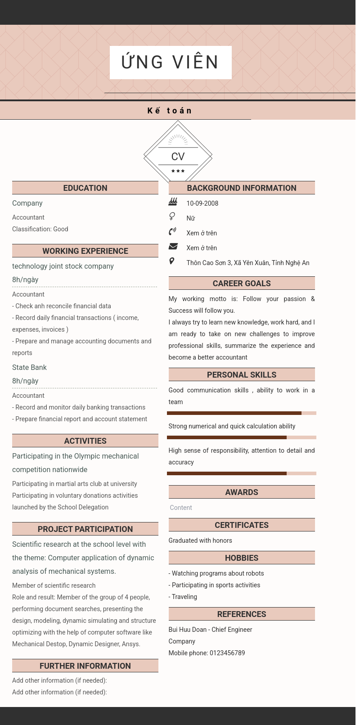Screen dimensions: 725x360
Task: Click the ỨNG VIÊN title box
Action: [171, 62]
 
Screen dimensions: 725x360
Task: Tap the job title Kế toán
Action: [170, 111]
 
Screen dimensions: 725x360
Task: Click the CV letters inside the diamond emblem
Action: [178, 157]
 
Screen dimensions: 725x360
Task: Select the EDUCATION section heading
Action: [85, 188]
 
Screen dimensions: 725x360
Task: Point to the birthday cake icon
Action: [173, 202]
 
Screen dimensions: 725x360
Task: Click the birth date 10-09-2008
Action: [202, 203]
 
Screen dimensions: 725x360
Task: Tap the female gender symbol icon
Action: [172, 217]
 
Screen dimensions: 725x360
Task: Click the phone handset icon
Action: [172, 232]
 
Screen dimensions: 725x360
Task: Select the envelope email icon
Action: [173, 247]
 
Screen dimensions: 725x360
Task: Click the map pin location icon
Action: [172, 261]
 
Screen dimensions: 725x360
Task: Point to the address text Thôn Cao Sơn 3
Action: [248, 263]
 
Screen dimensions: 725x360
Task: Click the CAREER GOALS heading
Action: [242, 284]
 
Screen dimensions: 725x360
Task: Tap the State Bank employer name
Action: [29, 368]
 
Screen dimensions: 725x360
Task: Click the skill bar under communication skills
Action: [241, 413]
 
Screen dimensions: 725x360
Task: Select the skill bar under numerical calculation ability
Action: [241, 437]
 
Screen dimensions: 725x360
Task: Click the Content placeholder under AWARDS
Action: [181, 508]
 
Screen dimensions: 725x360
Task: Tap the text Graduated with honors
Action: [200, 540]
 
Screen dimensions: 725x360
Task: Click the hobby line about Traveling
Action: [183, 597]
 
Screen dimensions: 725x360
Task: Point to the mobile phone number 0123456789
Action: [227, 653]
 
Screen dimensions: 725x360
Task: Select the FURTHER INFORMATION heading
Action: [85, 666]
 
